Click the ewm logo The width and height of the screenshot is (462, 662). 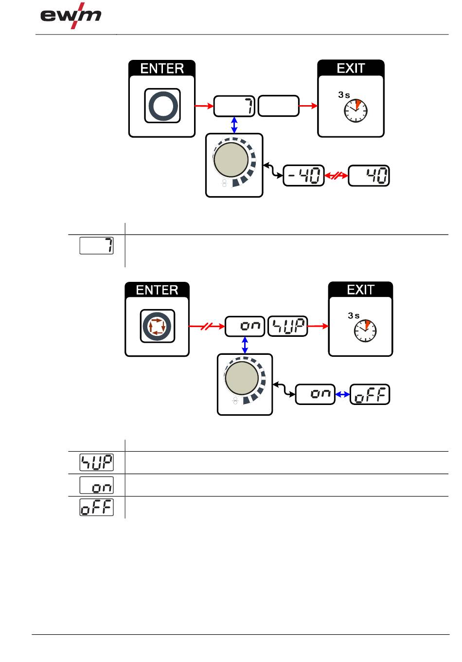point(71,16)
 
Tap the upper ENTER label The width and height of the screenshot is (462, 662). point(162,69)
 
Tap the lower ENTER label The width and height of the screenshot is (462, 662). point(157,290)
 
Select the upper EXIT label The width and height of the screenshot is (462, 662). point(351,68)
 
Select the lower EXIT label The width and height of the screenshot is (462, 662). point(361,290)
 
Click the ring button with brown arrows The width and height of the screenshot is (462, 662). point(158,326)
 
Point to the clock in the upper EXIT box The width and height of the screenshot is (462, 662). point(355,110)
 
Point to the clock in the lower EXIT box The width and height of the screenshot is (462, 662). point(365,331)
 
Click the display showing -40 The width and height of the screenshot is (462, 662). point(303,176)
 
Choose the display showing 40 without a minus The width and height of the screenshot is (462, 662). point(369,176)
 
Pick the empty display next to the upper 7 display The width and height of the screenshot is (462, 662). point(278,106)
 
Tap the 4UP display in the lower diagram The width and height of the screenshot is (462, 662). point(287,326)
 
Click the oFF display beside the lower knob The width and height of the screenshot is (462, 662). point(370,394)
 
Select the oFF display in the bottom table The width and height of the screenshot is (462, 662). point(96,507)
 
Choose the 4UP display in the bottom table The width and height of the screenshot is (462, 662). point(96,462)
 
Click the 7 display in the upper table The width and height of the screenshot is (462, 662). point(96,245)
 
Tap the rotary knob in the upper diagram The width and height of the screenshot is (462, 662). point(231,160)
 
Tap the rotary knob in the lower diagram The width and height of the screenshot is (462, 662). point(242,378)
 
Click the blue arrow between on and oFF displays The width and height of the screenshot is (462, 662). point(342,394)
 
